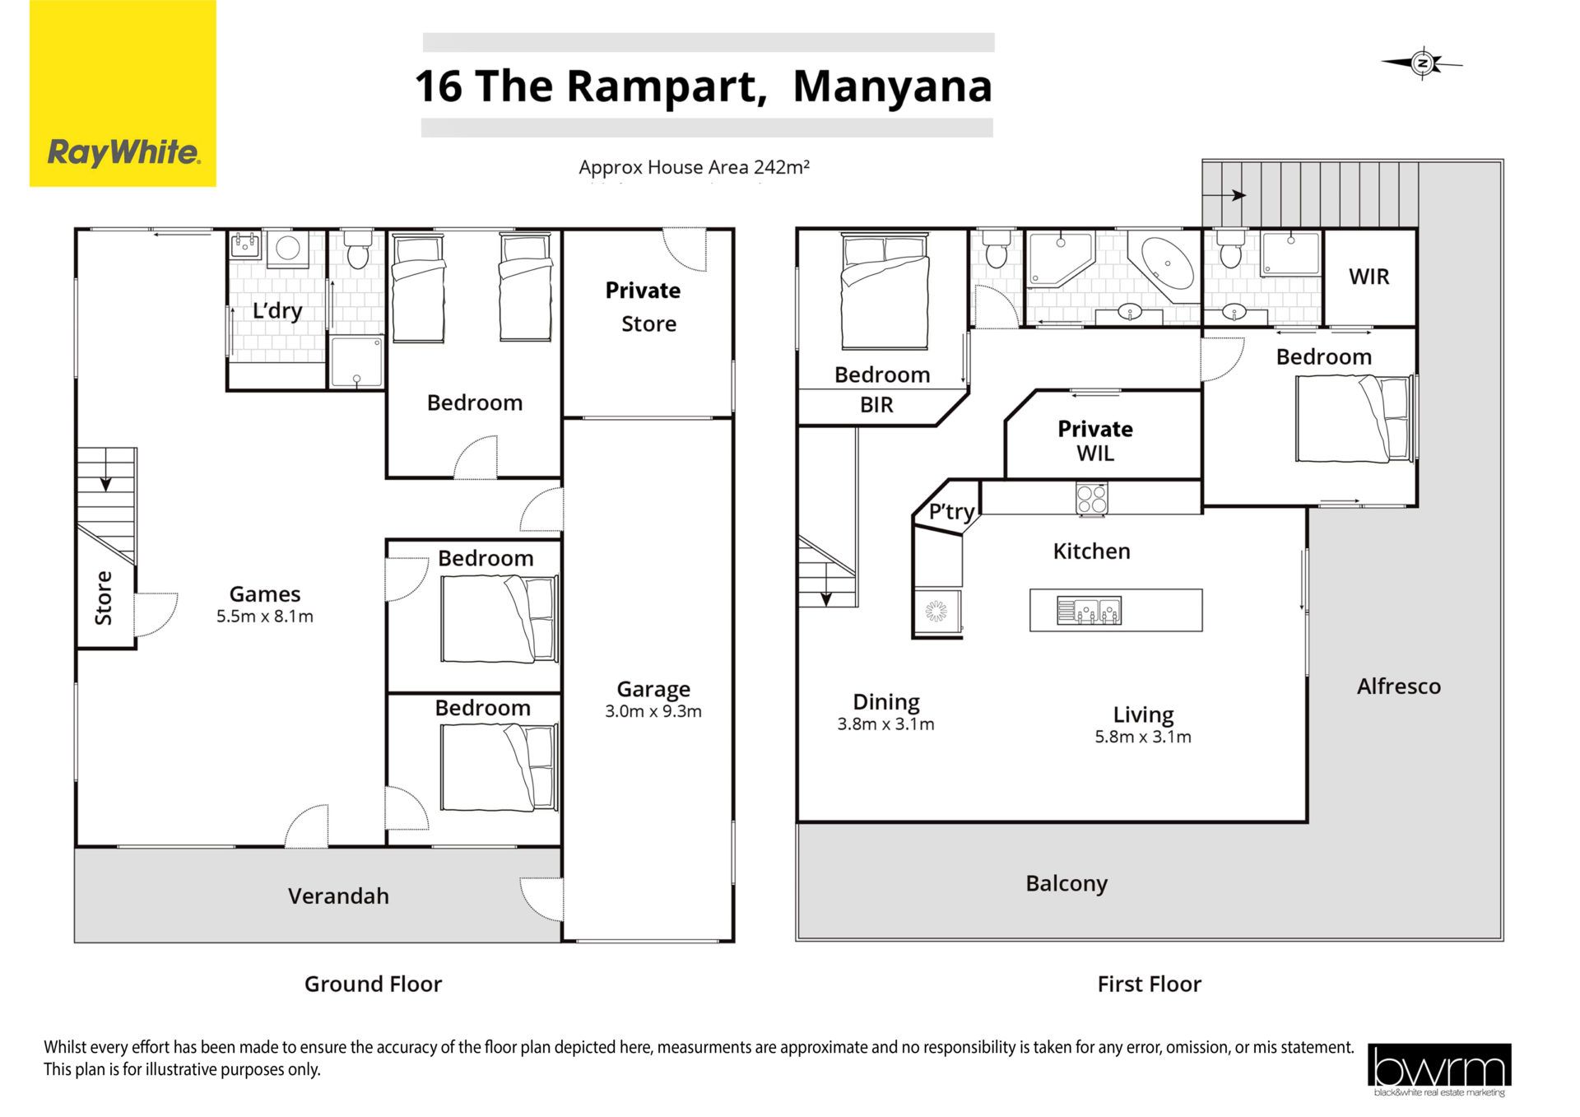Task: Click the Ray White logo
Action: [x=123, y=93]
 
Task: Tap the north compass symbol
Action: [x=1422, y=63]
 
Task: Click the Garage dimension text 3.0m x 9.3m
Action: [x=653, y=711]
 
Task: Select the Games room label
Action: [x=265, y=593]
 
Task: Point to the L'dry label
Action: [x=277, y=310]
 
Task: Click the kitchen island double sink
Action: [x=1089, y=611]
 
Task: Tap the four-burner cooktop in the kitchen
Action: [x=1092, y=498]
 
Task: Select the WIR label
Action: [x=1369, y=277]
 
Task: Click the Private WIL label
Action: [x=1095, y=440]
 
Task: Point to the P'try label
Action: [x=951, y=511]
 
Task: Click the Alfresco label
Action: [x=1399, y=686]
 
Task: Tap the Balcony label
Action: [x=1066, y=884]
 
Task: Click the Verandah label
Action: [x=338, y=896]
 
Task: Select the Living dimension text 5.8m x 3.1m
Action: [x=1143, y=737]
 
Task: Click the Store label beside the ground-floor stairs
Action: [x=104, y=598]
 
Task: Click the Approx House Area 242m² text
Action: [x=694, y=167]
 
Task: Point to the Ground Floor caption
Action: [x=373, y=984]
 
